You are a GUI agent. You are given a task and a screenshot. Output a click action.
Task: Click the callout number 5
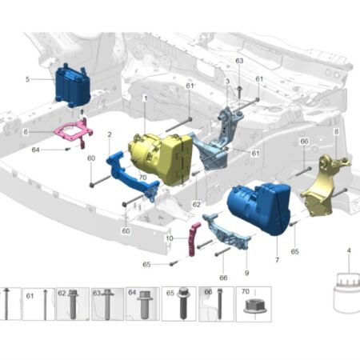point(27,79)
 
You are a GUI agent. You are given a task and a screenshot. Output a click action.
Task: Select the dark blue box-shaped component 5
point(73,86)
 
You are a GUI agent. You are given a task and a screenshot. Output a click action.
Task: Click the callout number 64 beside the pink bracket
point(35,150)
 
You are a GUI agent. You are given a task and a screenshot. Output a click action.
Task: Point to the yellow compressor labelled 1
point(161,158)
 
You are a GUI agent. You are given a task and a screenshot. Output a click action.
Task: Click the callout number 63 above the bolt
point(239,61)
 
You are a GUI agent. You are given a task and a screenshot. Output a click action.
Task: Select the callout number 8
point(336,131)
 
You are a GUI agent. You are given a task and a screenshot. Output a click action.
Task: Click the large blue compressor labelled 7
point(258,208)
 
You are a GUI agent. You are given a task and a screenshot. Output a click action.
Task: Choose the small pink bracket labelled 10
point(194,239)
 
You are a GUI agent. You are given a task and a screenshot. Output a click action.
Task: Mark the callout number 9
point(246,273)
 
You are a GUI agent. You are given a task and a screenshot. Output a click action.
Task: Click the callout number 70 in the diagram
point(143,178)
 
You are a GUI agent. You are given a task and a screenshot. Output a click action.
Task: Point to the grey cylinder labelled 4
point(346,293)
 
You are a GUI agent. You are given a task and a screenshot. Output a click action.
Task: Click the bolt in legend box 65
point(182,303)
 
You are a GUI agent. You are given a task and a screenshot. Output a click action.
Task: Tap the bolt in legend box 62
point(72,304)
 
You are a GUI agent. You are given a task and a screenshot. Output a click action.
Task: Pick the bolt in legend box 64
point(144,305)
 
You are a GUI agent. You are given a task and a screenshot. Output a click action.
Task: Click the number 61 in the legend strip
point(30,296)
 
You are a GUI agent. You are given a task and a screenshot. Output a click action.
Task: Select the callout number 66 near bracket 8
point(304,141)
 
